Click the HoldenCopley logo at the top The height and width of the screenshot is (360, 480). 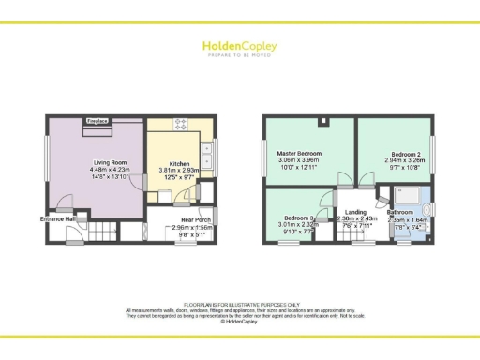(x=239, y=47)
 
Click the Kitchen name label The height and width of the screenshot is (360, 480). (x=181, y=162)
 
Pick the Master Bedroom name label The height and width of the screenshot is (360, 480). (x=299, y=152)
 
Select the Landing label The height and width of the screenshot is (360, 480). (x=355, y=212)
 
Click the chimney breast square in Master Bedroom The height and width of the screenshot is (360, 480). (x=322, y=122)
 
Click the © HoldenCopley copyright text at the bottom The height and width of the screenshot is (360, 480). (x=239, y=322)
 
